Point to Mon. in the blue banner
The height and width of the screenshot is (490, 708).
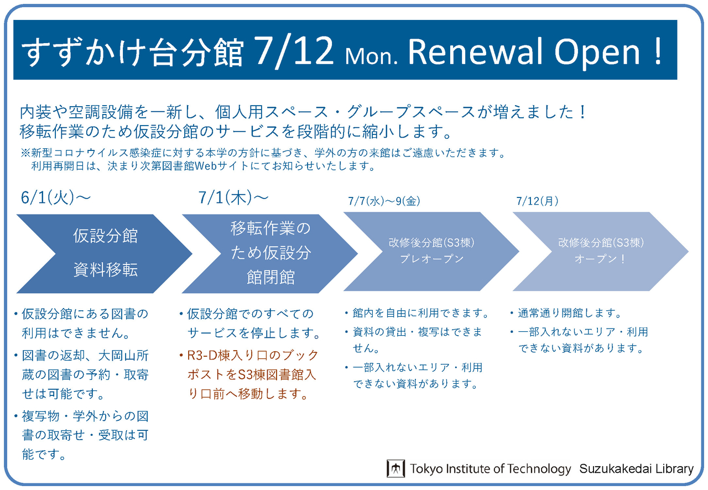372,56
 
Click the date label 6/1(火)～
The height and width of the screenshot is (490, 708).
56,197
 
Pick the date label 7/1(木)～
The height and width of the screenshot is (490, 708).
233,197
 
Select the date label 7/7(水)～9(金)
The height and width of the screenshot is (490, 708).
384,201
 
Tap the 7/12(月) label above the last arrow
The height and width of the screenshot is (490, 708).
537,201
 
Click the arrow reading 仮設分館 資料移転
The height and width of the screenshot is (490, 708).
105,253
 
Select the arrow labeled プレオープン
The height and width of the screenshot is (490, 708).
431,251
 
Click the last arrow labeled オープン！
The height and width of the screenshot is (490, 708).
601,251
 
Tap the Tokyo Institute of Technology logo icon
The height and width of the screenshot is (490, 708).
395,468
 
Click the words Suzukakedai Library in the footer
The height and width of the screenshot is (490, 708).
636,468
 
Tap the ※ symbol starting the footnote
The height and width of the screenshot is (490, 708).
25,153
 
